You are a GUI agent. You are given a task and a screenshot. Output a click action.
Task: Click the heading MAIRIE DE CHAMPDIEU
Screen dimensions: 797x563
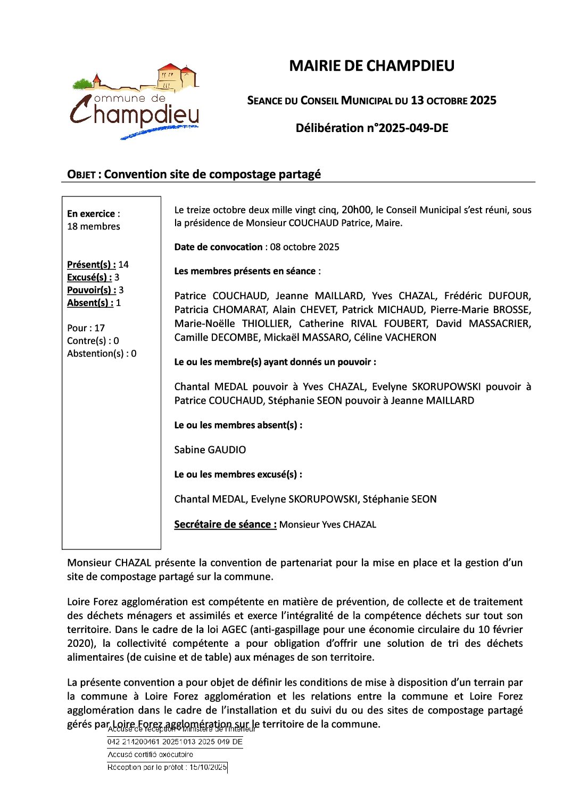[371, 66]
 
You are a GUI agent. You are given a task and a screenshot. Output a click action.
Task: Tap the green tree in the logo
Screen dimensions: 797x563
[82, 84]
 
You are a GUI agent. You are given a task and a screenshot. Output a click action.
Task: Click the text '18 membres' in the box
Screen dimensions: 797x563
[94, 226]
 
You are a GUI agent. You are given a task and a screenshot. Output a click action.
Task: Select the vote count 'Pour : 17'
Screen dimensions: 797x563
[86, 328]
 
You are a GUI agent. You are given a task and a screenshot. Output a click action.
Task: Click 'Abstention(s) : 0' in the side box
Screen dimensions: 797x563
[102, 354]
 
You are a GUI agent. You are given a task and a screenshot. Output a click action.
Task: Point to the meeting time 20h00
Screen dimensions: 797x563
[356, 210]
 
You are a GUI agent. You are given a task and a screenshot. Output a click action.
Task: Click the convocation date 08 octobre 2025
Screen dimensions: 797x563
[304, 247]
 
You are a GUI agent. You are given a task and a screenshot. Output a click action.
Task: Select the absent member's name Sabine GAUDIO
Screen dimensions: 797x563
[210, 450]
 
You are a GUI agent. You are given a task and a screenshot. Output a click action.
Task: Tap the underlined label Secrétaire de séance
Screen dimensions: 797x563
[225, 524]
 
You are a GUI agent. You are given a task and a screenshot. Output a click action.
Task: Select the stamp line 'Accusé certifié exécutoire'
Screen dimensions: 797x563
[150, 754]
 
